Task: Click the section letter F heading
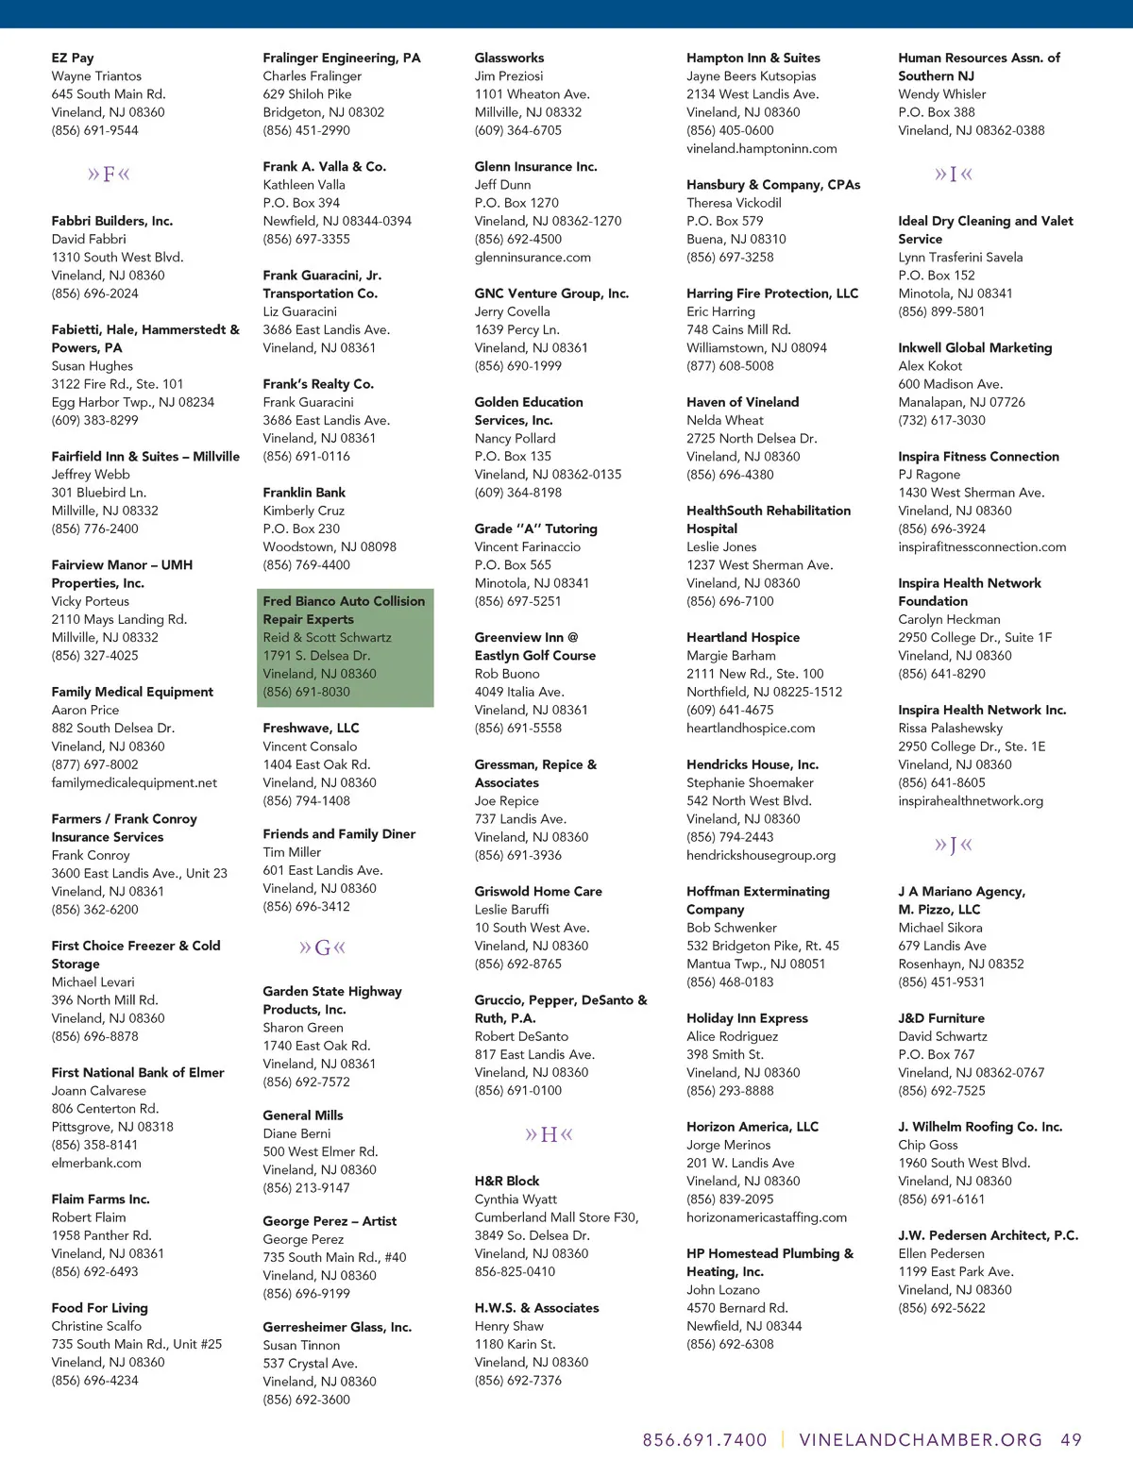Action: (x=109, y=175)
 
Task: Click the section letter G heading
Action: (x=322, y=948)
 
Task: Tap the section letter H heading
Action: (x=549, y=1134)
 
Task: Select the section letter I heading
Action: (x=953, y=175)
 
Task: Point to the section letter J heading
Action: (x=953, y=845)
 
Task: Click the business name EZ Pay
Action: (x=73, y=58)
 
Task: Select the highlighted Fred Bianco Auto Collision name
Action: (x=344, y=610)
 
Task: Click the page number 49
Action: (x=1071, y=1440)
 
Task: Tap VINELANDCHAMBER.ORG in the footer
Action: (x=921, y=1440)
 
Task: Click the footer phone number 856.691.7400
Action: (x=704, y=1440)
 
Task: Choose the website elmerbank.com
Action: (x=96, y=1163)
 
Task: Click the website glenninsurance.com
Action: (x=533, y=257)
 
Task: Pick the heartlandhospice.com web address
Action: (x=751, y=728)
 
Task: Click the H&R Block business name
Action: (x=507, y=1181)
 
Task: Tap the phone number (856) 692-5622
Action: (x=941, y=1308)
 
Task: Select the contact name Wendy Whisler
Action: (x=941, y=94)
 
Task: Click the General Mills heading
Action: (x=303, y=1115)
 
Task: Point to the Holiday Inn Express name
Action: (x=747, y=1018)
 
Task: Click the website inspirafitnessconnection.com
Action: (x=982, y=546)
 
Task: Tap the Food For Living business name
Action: (x=99, y=1308)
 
